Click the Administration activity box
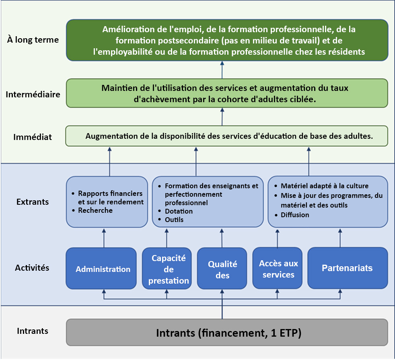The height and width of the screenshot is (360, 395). point(103,269)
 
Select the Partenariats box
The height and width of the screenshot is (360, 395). point(348,268)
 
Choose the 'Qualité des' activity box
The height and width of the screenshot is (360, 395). point(222,269)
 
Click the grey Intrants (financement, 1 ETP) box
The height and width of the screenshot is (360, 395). point(227,333)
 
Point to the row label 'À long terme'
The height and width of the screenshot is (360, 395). point(33,40)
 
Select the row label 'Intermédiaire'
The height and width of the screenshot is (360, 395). point(33,95)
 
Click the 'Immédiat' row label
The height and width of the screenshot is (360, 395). point(33,137)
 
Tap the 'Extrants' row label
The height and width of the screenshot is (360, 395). point(33,202)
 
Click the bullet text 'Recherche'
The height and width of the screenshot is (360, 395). point(95,210)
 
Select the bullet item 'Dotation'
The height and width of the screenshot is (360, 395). point(179,211)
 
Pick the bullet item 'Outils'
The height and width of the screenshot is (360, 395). point(174,220)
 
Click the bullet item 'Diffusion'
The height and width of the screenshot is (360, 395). point(295,215)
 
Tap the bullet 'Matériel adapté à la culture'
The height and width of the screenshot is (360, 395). point(325,186)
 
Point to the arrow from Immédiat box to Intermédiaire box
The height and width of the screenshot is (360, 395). point(222,117)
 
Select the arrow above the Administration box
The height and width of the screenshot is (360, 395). point(104,237)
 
